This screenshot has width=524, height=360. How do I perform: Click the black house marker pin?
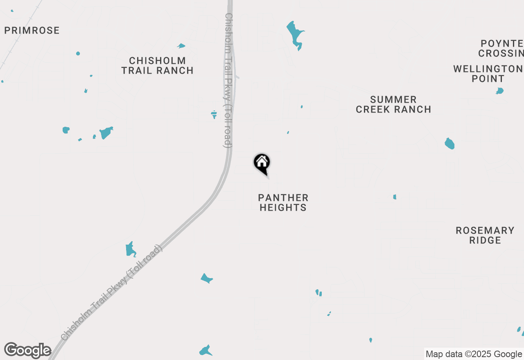262,163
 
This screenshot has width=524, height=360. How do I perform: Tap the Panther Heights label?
283,202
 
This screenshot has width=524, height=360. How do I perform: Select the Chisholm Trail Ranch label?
157,65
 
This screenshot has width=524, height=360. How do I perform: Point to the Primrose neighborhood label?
32,30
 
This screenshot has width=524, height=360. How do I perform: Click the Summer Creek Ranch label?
393,104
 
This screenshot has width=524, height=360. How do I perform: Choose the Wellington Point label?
488,74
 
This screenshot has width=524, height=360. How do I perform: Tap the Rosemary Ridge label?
485,235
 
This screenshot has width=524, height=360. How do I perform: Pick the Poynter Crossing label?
502,48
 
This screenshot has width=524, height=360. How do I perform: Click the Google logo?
28,351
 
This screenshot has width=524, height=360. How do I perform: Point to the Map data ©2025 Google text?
474,354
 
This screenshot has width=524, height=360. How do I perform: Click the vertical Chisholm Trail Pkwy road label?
228,80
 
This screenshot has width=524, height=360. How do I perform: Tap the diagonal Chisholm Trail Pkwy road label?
111,293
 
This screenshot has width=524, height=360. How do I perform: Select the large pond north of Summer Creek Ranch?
294,34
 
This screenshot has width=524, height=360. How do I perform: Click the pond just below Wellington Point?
499,91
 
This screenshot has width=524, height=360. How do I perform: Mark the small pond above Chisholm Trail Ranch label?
181,46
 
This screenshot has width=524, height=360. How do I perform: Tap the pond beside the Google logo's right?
206,351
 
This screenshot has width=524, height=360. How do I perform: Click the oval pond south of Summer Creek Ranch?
449,144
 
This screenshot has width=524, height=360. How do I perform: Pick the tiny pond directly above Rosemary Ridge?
395,197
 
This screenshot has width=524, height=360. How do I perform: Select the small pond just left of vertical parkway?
214,114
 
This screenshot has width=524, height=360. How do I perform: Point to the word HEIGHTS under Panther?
283,207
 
